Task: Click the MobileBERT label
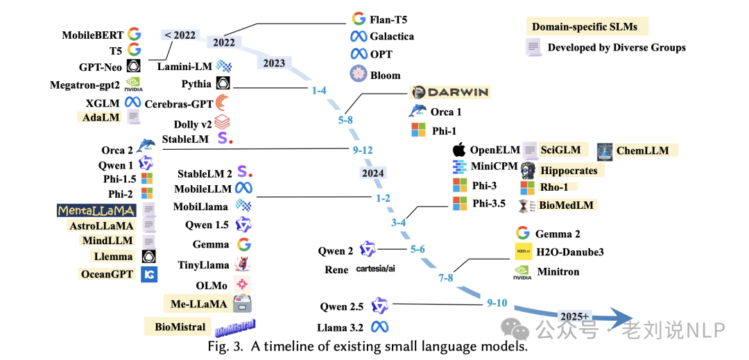(92, 35)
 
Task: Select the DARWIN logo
(449, 92)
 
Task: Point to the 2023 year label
(274, 63)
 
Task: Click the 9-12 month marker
(363, 149)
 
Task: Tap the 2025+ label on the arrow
(574, 316)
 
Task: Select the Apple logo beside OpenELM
(458, 150)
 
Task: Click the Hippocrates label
(568, 170)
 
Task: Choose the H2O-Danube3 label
(569, 252)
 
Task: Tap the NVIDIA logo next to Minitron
(523, 272)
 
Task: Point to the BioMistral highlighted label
(180, 327)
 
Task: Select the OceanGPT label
(107, 274)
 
